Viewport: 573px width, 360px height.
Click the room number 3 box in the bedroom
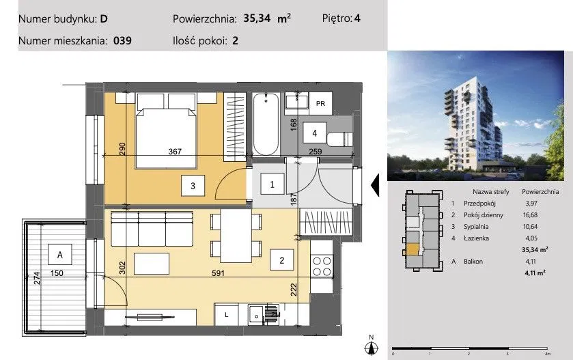pyautogui.click(x=193, y=186)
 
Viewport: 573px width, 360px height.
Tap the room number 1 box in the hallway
pyautogui.click(x=272, y=184)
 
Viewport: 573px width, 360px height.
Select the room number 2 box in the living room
pyautogui.click(x=282, y=260)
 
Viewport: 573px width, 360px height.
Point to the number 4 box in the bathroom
pyautogui.click(x=314, y=133)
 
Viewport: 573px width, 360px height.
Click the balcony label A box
pyautogui.click(x=60, y=254)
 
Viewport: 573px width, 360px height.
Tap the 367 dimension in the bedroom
pyautogui.click(x=175, y=152)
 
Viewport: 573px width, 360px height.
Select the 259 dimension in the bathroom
pyautogui.click(x=316, y=152)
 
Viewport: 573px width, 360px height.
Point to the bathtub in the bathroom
pyautogui.click(x=266, y=124)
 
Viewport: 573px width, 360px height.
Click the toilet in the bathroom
pyautogui.click(x=339, y=139)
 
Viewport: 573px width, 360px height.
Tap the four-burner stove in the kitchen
pyautogui.click(x=322, y=266)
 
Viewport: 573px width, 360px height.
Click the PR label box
pyautogui.click(x=320, y=103)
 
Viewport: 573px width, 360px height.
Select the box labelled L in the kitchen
pyautogui.click(x=226, y=315)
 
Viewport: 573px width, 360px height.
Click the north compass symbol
pyautogui.click(x=372, y=346)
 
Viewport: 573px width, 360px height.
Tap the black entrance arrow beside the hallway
pyautogui.click(x=375, y=185)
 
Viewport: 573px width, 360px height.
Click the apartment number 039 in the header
pyautogui.click(x=122, y=40)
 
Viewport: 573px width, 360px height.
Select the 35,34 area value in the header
pyautogui.click(x=257, y=18)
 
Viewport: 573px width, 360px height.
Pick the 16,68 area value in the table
pyautogui.click(x=530, y=215)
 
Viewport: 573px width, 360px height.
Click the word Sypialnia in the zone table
pyautogui.click(x=476, y=227)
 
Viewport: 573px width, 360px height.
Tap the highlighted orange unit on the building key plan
pyautogui.click(x=413, y=249)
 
